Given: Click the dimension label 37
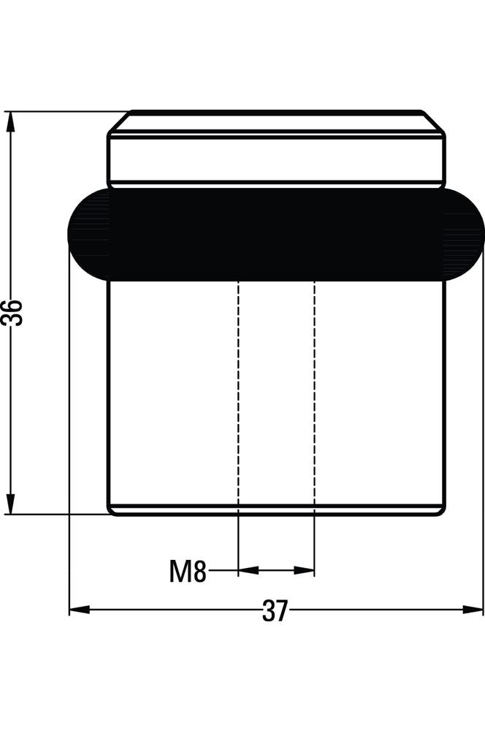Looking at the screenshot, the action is (275, 610).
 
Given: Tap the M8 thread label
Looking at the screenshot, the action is (188, 571).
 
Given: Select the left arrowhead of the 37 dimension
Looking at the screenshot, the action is (80, 610).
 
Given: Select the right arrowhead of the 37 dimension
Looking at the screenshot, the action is (473, 610).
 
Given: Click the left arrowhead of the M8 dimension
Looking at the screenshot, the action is (248, 570).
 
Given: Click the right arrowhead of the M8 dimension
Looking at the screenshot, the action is (305, 570).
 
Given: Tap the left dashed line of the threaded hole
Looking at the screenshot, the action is (239, 393).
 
